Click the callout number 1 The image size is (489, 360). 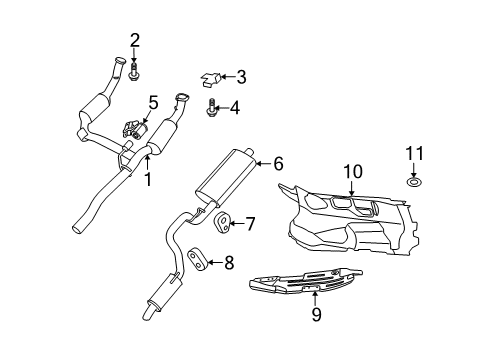148,180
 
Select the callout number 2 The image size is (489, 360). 134,40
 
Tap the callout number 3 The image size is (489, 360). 240,76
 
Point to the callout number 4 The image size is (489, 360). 235,107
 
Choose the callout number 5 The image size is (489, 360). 153,101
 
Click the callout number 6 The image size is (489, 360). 278,161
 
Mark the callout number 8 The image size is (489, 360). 229,263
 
